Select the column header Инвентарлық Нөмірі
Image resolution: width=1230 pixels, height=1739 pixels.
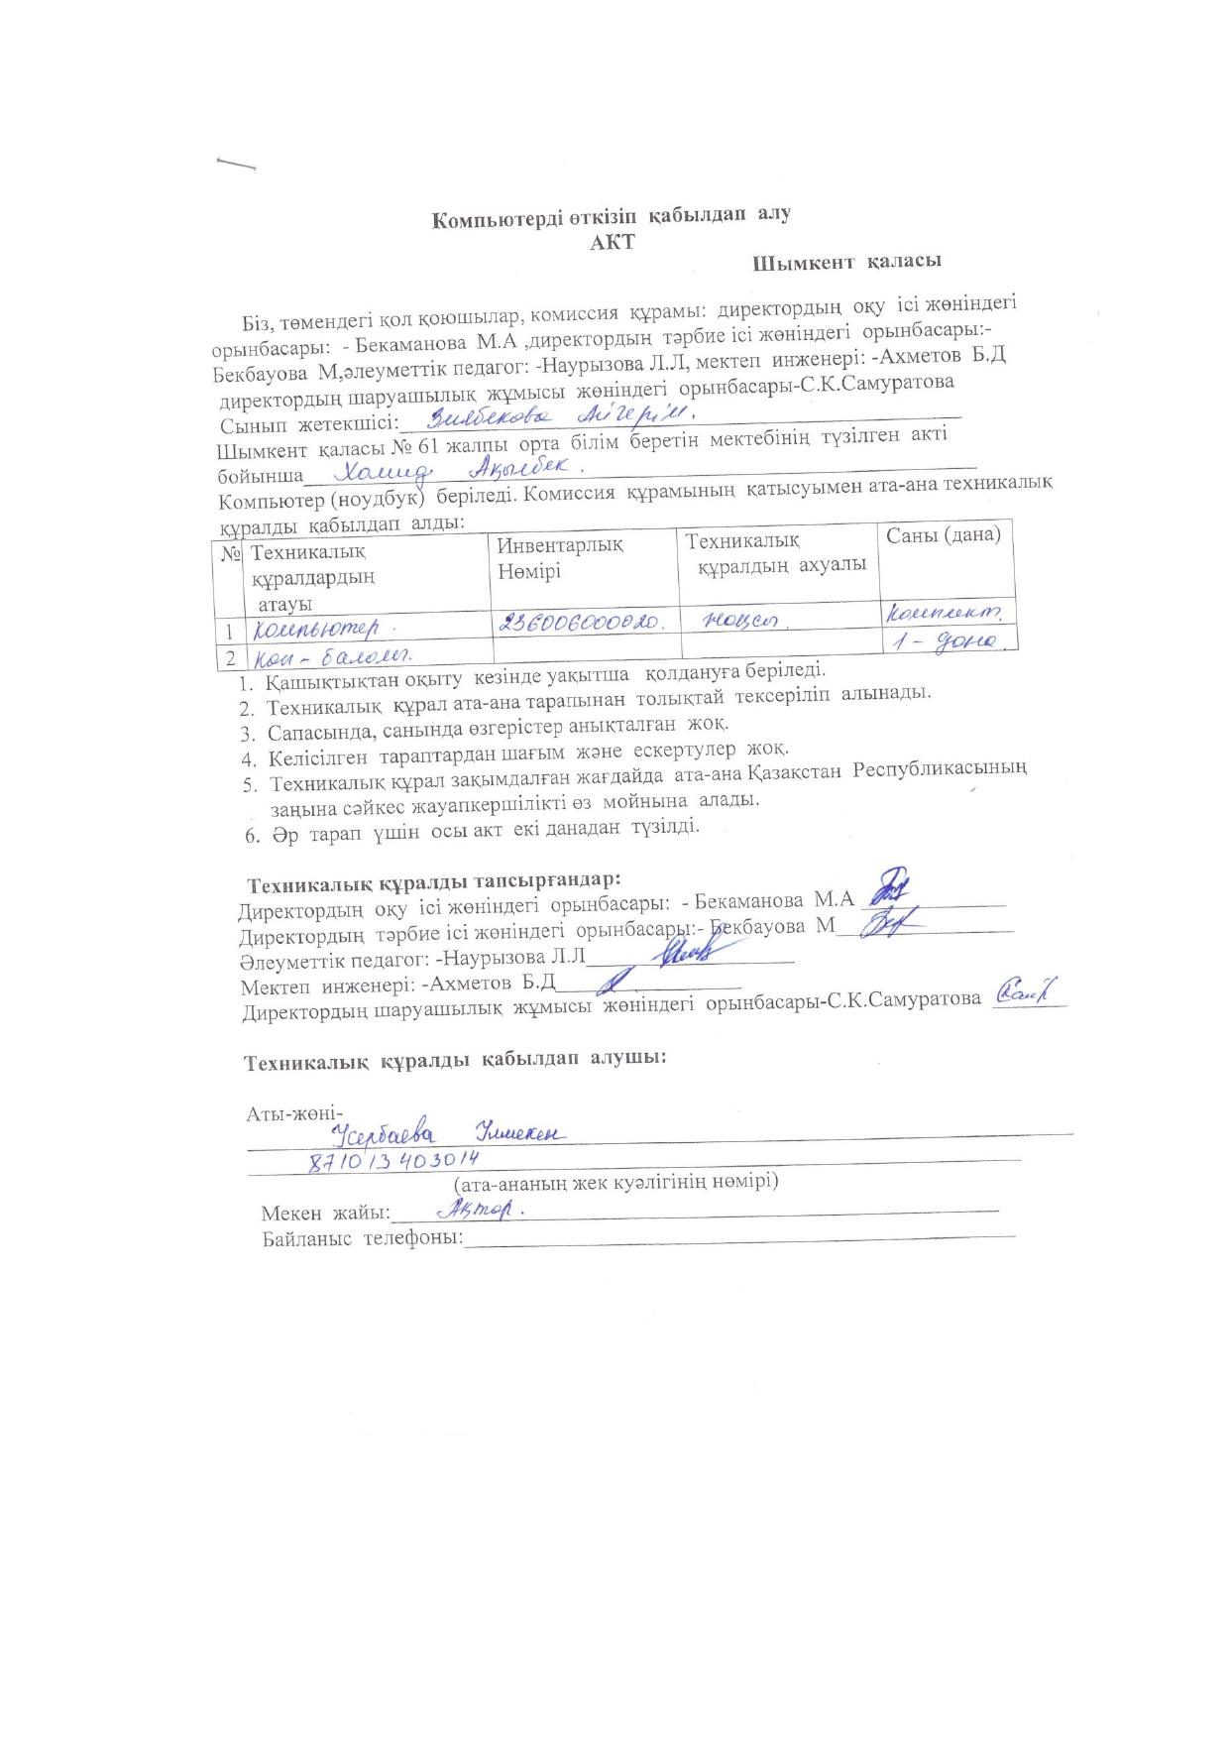(x=560, y=557)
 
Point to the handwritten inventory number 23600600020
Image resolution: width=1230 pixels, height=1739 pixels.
(x=586, y=622)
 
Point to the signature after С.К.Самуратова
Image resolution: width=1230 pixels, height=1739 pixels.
(x=1026, y=990)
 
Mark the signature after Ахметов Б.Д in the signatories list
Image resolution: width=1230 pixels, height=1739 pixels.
(x=615, y=982)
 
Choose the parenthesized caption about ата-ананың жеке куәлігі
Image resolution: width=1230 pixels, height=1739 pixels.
(x=615, y=1182)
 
